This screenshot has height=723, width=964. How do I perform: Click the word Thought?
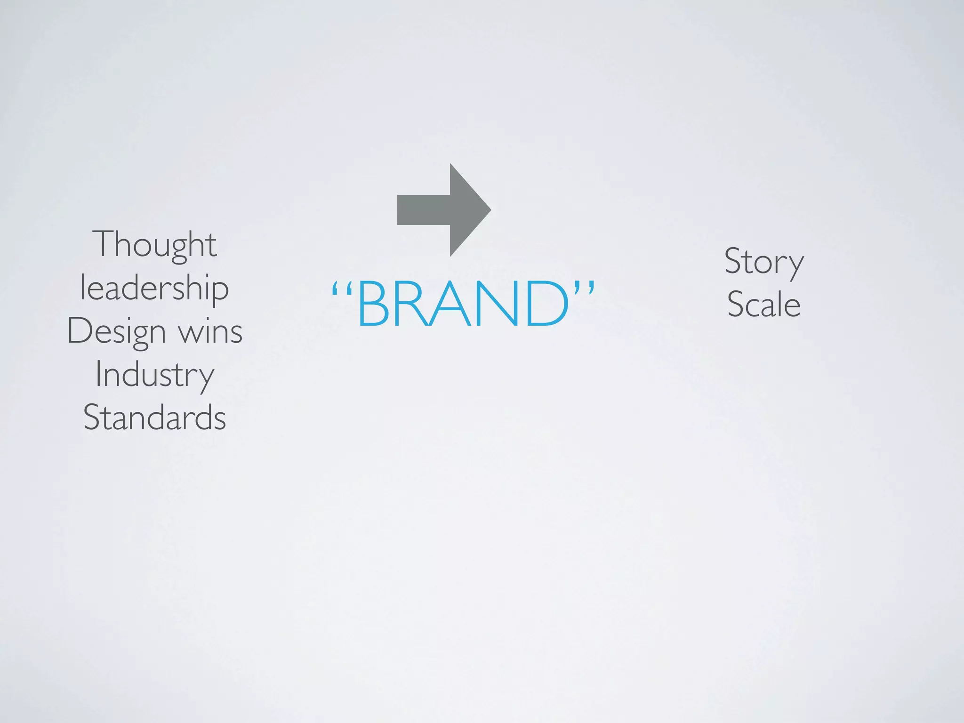(155, 245)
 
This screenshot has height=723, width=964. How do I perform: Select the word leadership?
(154, 288)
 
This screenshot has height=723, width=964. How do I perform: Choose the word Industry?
(154, 375)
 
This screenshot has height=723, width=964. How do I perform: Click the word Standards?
(154, 418)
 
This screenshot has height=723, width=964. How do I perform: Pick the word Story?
(763, 262)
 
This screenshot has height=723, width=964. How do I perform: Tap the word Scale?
(763, 305)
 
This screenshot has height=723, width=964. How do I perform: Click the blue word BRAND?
(463, 304)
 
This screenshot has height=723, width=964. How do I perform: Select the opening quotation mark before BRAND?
(342, 288)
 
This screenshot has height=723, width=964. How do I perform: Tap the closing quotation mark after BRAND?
(584, 288)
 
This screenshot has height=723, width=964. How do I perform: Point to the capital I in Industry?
(98, 374)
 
